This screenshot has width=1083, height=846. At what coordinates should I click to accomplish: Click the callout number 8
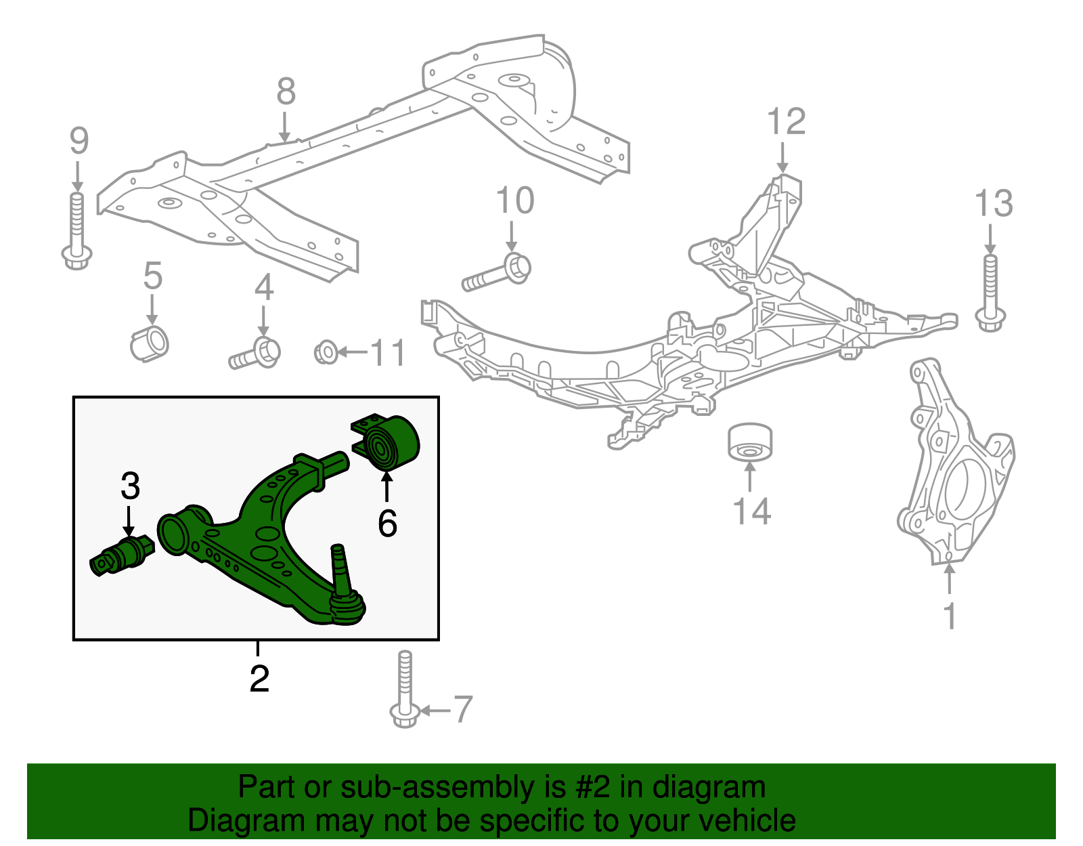(286, 91)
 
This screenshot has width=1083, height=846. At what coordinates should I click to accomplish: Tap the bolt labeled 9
(77, 230)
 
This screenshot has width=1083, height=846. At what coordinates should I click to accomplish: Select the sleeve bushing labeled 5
(150, 343)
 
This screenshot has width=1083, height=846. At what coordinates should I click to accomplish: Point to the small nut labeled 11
(326, 352)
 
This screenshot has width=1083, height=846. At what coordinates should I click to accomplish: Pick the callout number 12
(786, 122)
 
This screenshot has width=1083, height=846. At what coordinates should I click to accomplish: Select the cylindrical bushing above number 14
(750, 442)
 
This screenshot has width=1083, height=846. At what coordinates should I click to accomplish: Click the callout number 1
(950, 616)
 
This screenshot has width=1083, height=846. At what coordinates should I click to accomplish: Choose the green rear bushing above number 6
(391, 444)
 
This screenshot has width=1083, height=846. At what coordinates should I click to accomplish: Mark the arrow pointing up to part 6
(386, 487)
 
